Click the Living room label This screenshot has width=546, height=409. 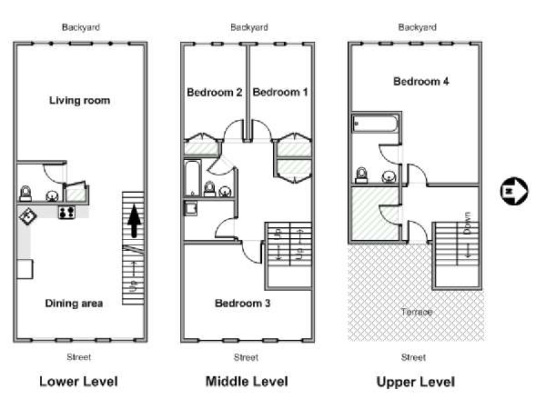pos(79,101)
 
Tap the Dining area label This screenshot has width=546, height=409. pos(74,304)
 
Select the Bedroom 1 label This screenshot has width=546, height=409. pos(280,92)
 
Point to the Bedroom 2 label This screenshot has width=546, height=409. pos(214,92)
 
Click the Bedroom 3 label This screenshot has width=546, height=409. pos(242,304)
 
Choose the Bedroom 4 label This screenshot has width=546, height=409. pos(421,82)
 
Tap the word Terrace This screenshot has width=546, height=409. pos(417,312)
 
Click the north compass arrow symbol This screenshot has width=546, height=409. pos(514,191)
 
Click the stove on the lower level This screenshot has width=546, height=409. pos(66,212)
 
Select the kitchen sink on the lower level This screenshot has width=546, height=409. pos(27,216)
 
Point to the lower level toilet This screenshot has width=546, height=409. pos(25,194)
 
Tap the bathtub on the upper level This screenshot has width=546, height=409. pos(375,125)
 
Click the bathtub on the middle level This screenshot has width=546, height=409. pos(192,178)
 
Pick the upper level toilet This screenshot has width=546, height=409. pos(362,175)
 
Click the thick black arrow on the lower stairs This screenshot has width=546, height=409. pos(135,221)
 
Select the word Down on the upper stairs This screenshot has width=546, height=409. pos(468,223)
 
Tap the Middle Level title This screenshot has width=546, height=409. pos(247,382)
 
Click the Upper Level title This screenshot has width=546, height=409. pos(416,382)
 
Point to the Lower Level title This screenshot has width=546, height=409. pos(78,382)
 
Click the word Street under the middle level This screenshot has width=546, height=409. pos(246,357)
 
